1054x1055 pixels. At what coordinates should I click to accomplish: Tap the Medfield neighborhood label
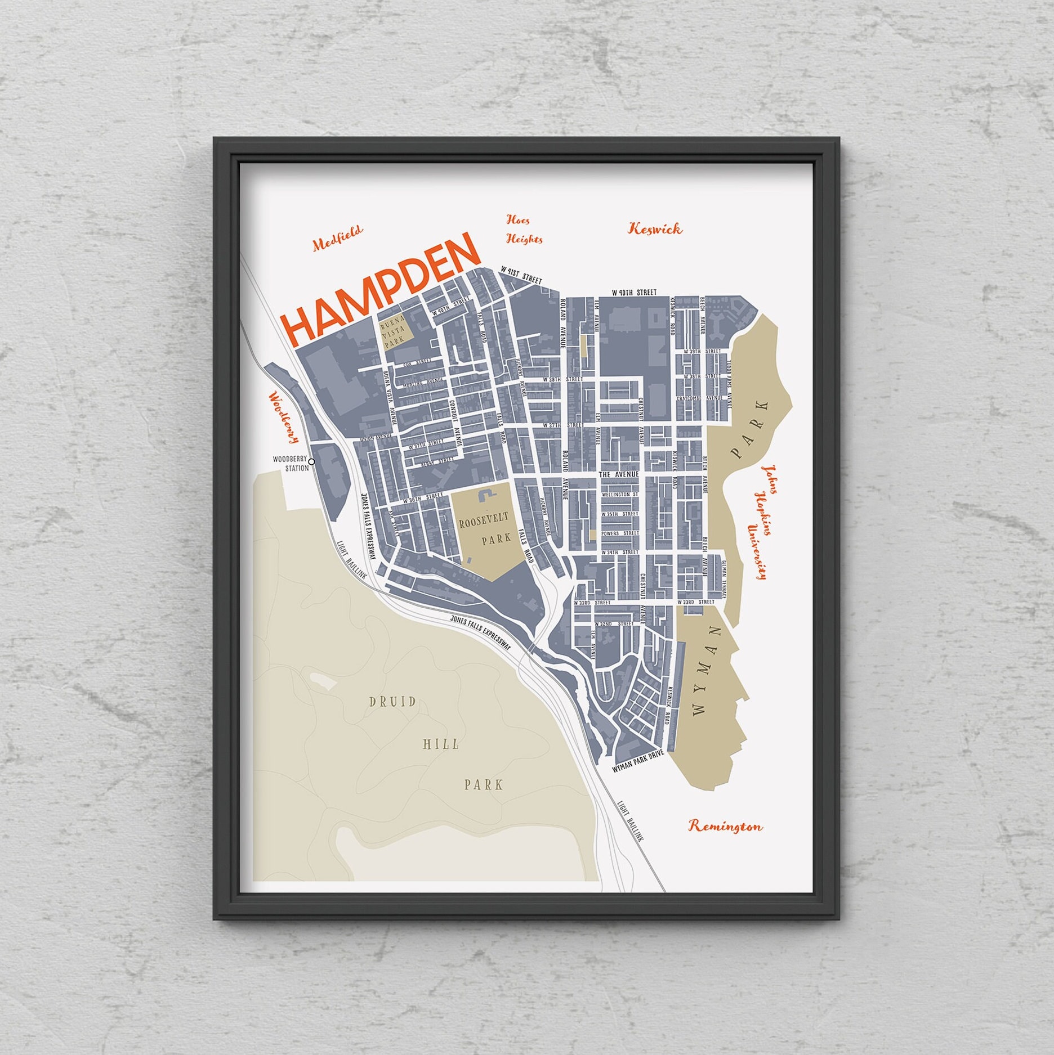tap(338, 237)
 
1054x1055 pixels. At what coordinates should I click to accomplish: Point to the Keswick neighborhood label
tap(655, 228)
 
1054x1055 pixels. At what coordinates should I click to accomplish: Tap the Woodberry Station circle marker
tap(312, 461)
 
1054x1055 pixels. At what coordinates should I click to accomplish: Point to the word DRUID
tap(392, 702)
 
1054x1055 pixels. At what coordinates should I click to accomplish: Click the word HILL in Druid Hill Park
tap(441, 744)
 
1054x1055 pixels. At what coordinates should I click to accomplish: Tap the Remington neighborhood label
tap(725, 826)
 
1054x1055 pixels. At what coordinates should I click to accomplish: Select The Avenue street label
tap(619, 474)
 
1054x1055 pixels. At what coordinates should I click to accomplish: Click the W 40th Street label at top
tap(635, 293)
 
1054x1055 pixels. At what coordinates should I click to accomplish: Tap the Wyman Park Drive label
tap(638, 760)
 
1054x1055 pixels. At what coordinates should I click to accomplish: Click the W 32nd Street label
tap(609, 624)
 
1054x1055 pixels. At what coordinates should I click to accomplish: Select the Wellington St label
tap(619, 495)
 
